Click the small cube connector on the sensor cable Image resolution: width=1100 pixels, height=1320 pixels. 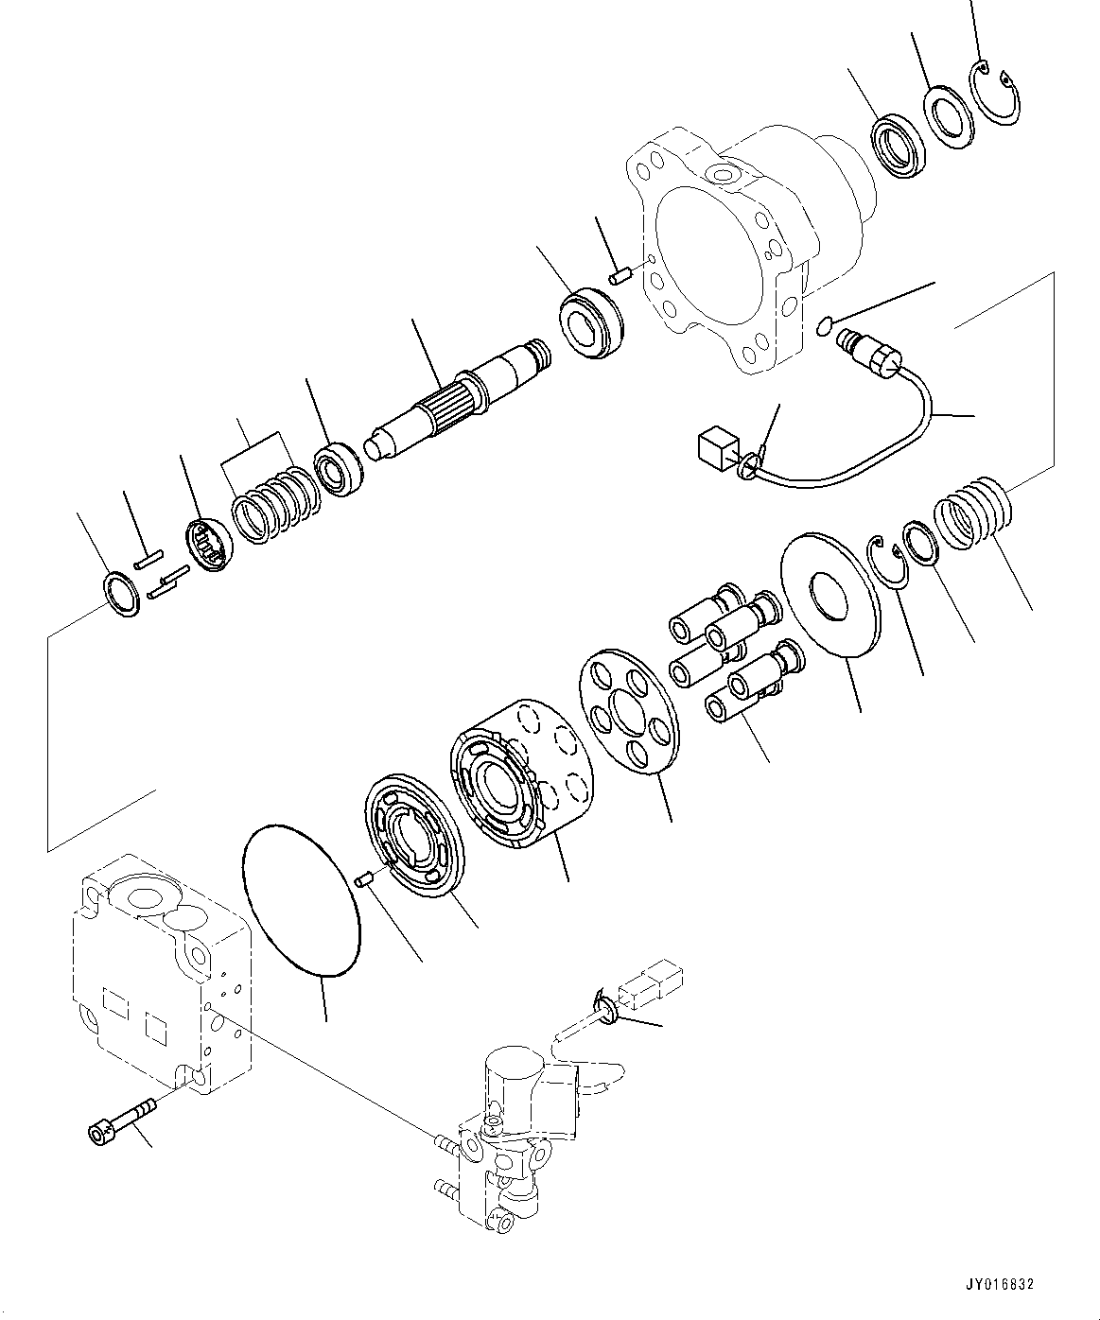(x=714, y=445)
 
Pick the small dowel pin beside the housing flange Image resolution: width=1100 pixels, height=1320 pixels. (x=621, y=276)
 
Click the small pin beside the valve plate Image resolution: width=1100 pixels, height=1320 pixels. (x=363, y=880)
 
